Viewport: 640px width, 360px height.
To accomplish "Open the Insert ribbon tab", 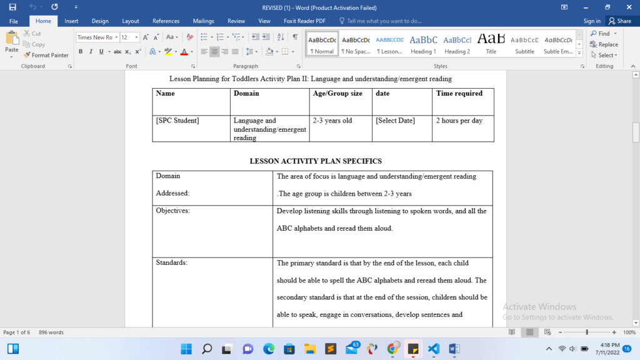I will tap(71, 21).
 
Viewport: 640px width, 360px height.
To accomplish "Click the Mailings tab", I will tap(203, 21).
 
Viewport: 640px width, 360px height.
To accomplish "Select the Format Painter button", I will tap(46, 55).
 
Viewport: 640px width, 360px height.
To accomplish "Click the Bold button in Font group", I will tap(81, 51).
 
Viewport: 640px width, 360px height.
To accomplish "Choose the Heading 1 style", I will tap(423, 44).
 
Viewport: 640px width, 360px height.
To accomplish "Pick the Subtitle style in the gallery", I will tap(524, 44).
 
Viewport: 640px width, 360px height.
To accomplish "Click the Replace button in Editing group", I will tap(604, 44).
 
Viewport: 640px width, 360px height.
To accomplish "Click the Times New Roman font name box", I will tap(94, 37).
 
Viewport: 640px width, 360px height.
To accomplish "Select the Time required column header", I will tap(459, 93).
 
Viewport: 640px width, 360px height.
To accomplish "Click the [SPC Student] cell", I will tap(177, 120).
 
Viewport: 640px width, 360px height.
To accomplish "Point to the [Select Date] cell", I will tap(395, 120).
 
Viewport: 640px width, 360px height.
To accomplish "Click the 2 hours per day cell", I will tap(459, 120).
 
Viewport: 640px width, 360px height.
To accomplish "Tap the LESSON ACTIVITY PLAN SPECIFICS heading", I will tap(316, 161).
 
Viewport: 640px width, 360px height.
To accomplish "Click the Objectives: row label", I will tap(173, 211).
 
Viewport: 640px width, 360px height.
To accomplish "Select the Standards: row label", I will tap(172, 262).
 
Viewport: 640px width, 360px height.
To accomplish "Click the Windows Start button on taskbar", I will tap(186, 348).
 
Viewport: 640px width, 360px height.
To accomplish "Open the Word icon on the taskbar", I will tap(454, 348).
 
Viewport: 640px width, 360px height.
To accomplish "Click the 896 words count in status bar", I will tap(51, 332).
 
